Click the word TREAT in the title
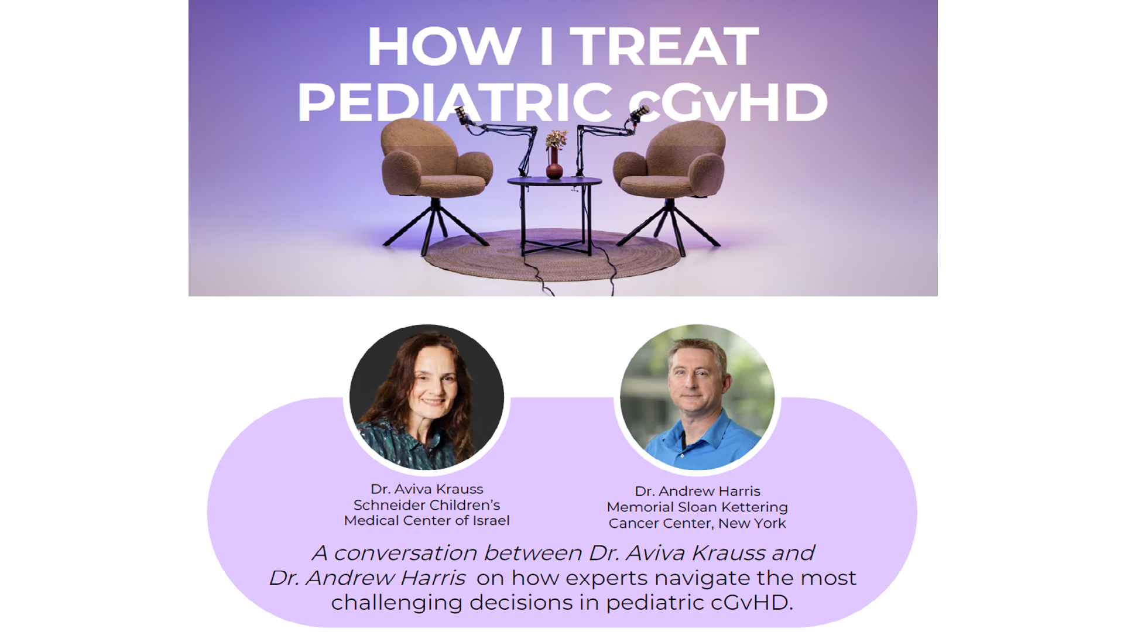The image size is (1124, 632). point(664,46)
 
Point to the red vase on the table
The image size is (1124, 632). point(554,163)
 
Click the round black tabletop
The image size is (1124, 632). point(554,181)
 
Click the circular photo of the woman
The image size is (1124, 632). point(427,397)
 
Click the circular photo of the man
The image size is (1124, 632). point(697,397)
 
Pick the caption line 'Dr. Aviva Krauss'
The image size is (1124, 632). point(427,489)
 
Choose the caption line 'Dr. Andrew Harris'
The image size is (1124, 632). point(697,491)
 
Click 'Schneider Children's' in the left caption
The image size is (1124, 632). point(427,505)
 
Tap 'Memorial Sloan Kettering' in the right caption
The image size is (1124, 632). point(697,507)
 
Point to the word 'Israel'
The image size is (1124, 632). point(491,521)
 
